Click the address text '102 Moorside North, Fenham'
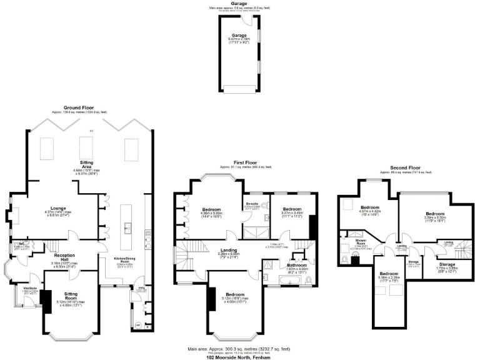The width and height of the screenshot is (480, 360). [240, 357]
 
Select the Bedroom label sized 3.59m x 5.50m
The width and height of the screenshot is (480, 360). [435, 214]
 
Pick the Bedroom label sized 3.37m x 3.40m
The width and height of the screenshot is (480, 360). [292, 209]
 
